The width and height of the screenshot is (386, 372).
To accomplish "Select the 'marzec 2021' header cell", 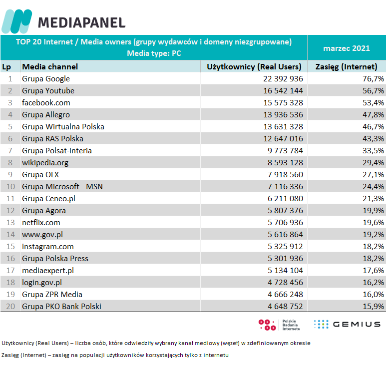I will tap(346, 48).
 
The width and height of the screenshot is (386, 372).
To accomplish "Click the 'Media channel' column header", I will tap(50, 66).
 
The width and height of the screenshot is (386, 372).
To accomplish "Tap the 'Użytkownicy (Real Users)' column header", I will tap(254, 66).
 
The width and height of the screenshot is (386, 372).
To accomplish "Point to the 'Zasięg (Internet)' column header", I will tap(346, 66).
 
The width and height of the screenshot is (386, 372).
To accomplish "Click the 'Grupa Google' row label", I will tap(46, 79).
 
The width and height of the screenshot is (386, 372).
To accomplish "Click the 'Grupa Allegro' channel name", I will tap(46, 115).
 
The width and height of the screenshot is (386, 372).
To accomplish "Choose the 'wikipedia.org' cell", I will tap(45, 163).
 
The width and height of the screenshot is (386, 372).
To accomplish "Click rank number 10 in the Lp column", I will tap(10, 187).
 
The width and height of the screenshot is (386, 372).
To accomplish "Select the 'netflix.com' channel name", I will tap(41, 223).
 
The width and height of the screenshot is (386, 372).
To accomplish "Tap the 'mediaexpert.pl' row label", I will tap(48, 271).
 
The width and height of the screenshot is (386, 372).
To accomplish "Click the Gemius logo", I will tap(347, 325).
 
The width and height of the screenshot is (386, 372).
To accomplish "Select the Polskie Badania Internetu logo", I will tap(280, 325).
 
